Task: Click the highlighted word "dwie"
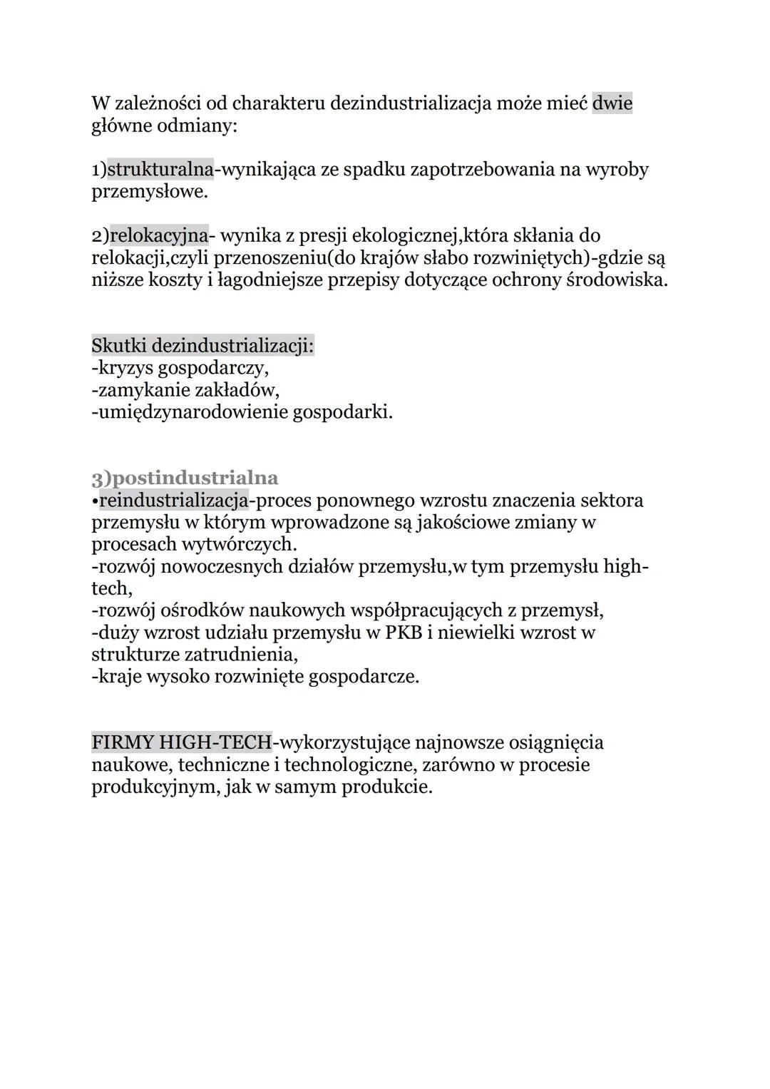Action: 612,104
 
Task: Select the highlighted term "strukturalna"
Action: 160,170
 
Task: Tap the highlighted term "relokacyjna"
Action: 159,235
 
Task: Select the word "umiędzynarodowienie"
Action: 190,412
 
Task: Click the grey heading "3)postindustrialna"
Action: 185,477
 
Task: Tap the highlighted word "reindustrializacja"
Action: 173,500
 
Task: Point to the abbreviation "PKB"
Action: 404,633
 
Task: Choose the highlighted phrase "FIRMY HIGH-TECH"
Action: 182,742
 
